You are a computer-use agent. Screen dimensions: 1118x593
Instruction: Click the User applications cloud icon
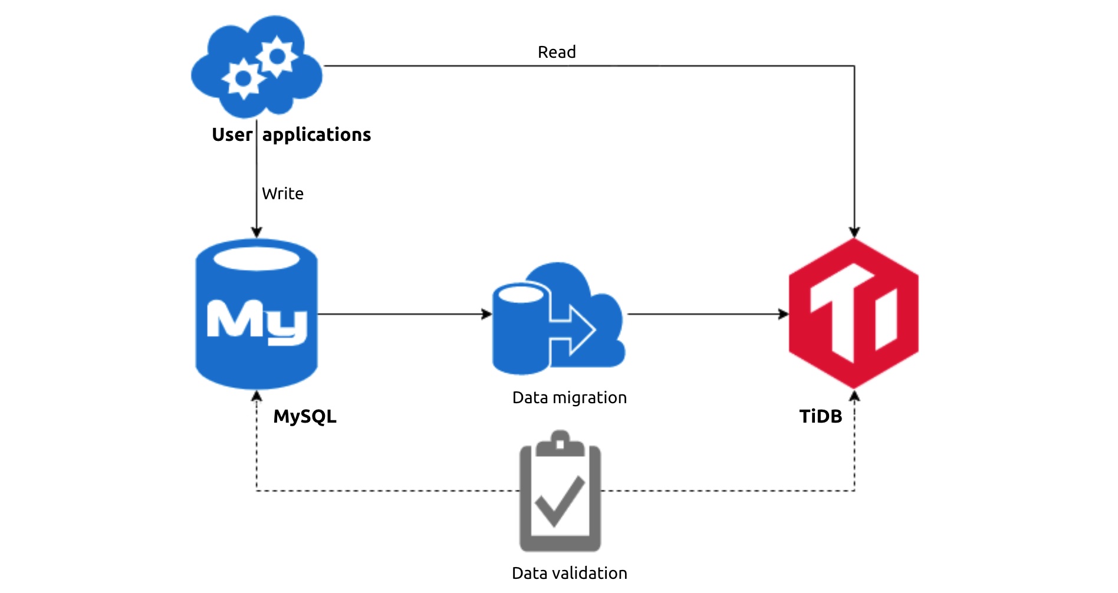257,66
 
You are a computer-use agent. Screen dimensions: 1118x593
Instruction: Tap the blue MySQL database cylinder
257,314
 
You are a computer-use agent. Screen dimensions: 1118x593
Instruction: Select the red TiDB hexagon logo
854,314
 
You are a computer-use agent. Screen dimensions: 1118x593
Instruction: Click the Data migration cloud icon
558,318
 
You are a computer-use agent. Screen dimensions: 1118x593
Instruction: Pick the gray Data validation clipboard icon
560,491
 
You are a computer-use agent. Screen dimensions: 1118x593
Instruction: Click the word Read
557,52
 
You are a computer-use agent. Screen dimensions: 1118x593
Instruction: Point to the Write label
283,193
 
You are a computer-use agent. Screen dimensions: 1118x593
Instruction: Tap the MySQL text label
305,417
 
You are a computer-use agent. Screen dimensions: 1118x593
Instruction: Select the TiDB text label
821,416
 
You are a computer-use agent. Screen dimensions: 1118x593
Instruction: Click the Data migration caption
570,398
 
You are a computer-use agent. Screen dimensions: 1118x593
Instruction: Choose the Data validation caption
570,573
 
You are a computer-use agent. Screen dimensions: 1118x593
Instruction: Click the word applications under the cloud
317,135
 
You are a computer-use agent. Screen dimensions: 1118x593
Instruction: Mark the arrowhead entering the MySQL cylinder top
257,232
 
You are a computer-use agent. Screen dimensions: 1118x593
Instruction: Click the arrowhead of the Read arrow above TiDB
854,232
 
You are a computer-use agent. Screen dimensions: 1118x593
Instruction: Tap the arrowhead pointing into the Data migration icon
486,314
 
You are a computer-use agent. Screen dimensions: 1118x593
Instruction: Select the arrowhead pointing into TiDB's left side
784,314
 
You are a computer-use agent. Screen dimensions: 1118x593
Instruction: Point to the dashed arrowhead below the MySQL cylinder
257,396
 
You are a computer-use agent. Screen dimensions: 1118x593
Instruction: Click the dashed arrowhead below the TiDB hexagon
854,396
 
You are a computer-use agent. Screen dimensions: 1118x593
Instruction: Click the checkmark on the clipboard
560,500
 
